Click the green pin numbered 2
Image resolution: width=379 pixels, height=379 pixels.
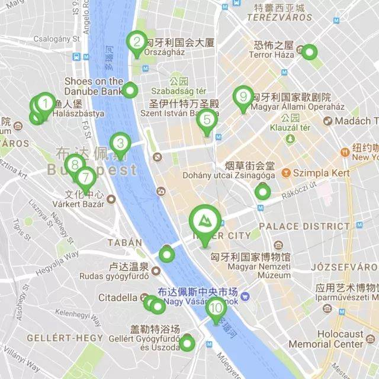[x=137, y=43]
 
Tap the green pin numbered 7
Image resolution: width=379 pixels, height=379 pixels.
[x=86, y=177]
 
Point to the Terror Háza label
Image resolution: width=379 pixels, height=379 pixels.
[x=271, y=54]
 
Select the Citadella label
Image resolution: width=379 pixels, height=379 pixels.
[x=118, y=297]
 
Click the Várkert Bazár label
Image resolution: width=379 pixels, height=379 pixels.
[x=84, y=204]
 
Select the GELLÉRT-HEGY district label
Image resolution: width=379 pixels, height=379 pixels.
[x=57, y=338]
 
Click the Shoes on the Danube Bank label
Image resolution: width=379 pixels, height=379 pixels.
[x=94, y=86]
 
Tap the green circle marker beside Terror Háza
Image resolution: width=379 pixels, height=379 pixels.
[x=309, y=52]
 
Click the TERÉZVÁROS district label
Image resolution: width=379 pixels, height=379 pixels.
[x=280, y=18]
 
